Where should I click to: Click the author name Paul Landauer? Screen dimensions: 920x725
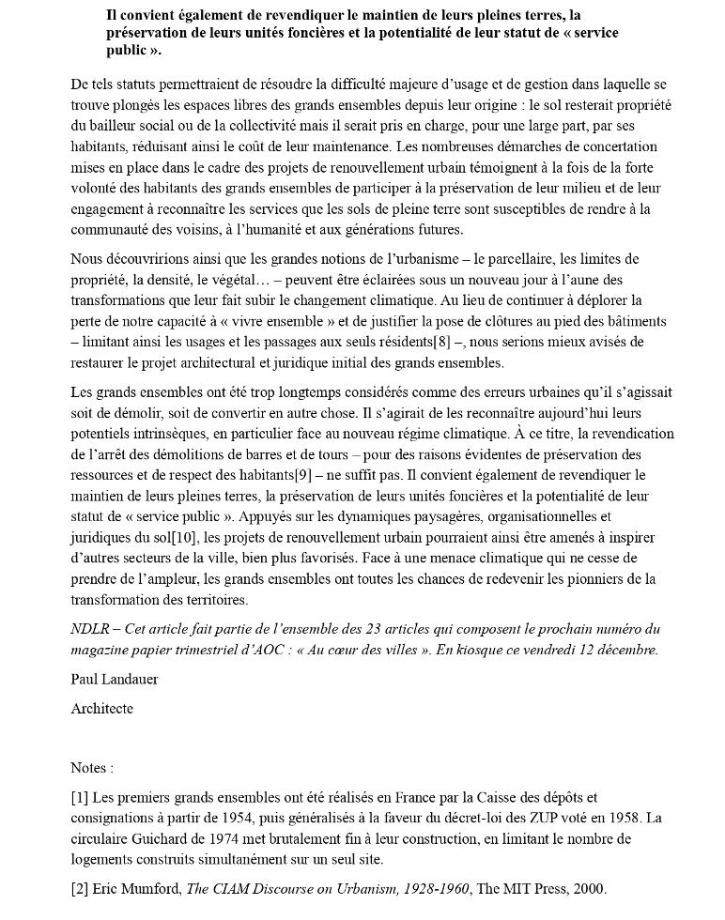(x=116, y=679)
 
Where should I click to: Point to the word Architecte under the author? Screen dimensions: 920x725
(x=101, y=709)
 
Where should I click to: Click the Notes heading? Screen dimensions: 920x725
(x=92, y=768)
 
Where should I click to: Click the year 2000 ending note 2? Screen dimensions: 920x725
(x=589, y=888)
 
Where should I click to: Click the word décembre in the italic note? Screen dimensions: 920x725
(x=624, y=650)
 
